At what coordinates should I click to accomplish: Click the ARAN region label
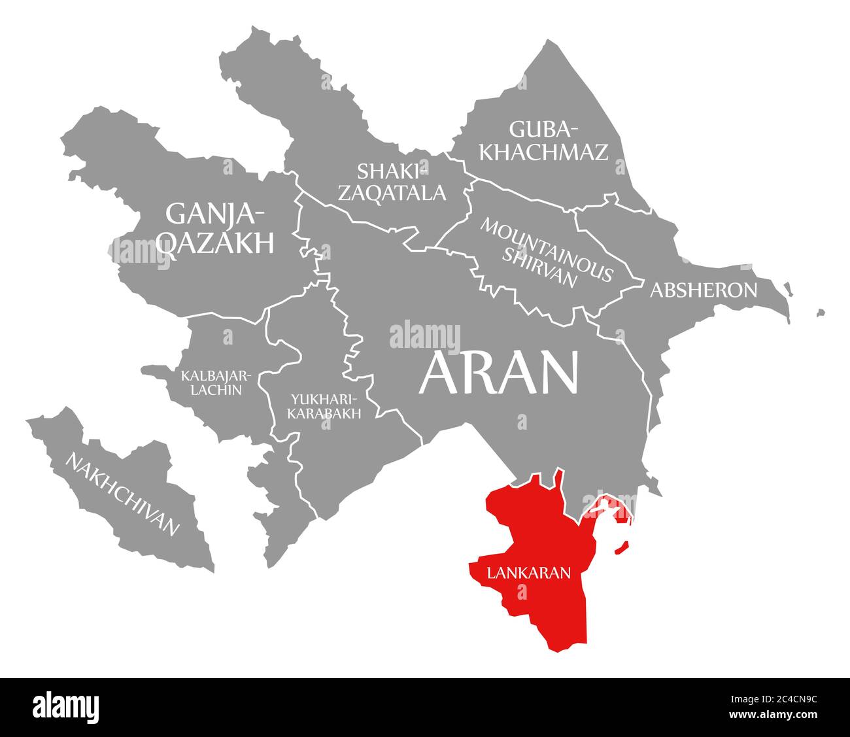[499, 373]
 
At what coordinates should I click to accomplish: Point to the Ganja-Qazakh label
[216, 228]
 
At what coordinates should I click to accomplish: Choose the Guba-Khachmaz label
[543, 140]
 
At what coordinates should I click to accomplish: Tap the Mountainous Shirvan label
[547, 252]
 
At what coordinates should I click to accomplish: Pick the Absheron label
[703, 290]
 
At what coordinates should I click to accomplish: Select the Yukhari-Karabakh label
[324, 405]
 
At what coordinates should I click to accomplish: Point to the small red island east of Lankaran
[622, 547]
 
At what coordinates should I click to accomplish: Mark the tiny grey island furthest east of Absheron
[820, 313]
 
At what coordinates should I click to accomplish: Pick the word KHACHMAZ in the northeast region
[543, 152]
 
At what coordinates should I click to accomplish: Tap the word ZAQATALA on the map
[401, 192]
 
